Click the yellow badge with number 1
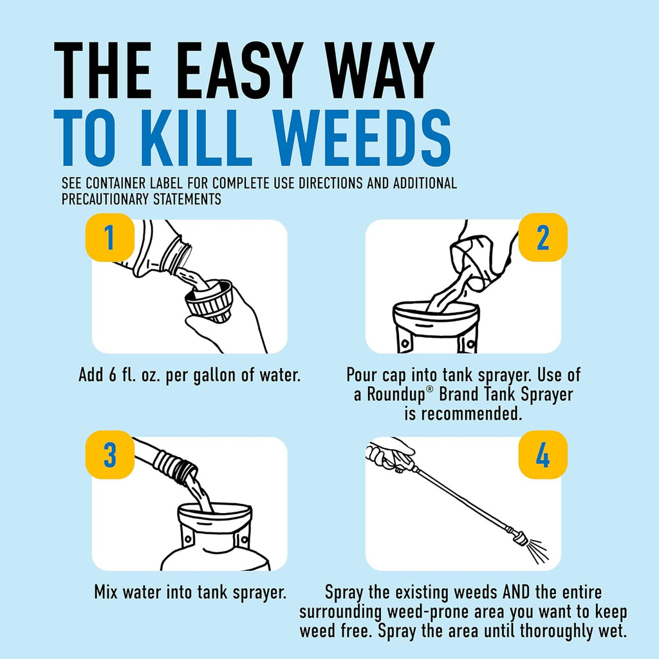tap(109, 237)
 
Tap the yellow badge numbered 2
tap(543, 237)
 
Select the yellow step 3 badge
tap(109, 454)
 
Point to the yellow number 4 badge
tap(543, 454)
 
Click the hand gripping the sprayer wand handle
tap(389, 454)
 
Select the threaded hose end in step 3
tap(176, 467)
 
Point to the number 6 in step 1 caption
tap(112, 374)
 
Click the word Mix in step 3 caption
tap(107, 592)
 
